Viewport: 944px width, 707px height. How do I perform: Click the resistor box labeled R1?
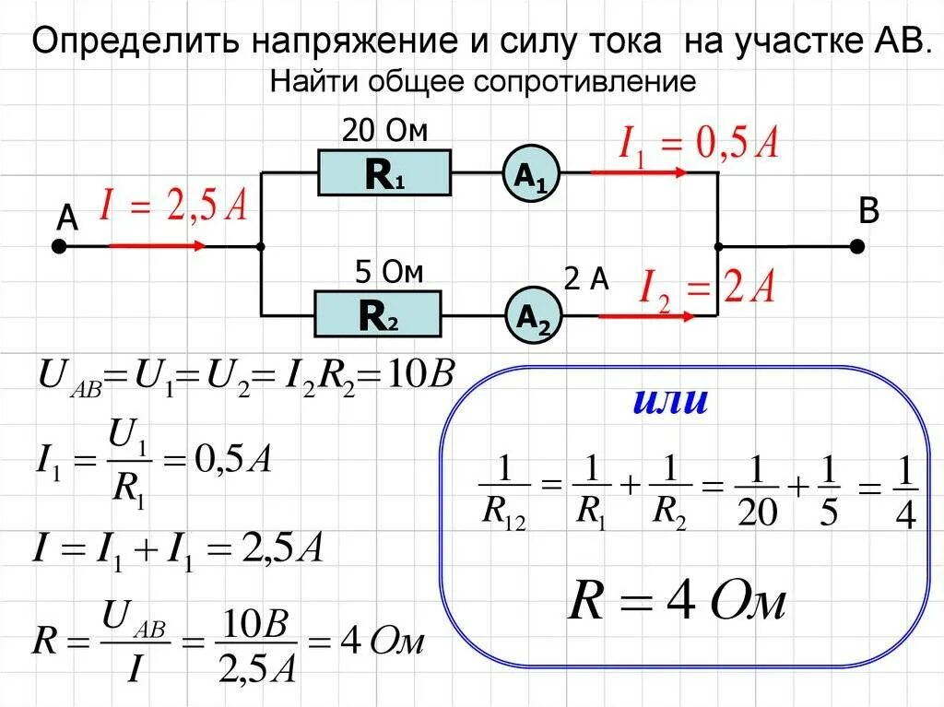pos(384,174)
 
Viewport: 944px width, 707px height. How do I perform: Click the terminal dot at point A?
pos(59,247)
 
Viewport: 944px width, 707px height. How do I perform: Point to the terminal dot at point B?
pos(857,246)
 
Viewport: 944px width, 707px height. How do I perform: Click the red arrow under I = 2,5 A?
pos(157,246)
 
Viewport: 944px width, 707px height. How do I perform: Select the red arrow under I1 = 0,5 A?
pos(638,172)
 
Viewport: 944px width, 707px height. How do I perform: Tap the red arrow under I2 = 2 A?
pos(645,316)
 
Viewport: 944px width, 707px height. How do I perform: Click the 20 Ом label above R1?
pos(385,131)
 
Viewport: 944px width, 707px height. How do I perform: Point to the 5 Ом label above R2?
pos(389,273)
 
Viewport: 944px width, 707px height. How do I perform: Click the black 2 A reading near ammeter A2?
pos(587,280)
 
